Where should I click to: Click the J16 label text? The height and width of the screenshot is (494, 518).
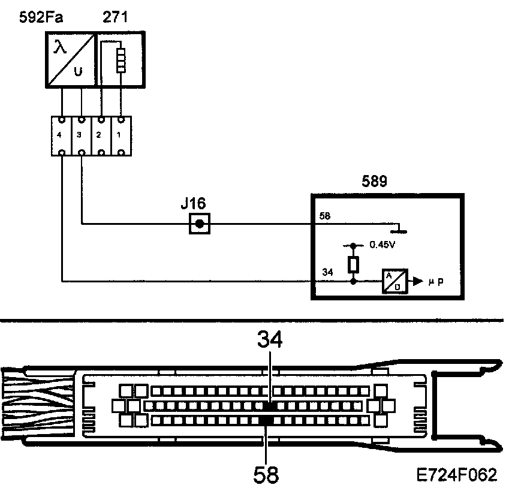195,204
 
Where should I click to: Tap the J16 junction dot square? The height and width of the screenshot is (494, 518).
199,225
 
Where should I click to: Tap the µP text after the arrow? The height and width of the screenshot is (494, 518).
436,280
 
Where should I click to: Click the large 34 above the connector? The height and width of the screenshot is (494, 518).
270,340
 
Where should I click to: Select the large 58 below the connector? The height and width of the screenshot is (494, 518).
265,475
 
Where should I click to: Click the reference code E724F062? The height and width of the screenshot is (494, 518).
457,475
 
